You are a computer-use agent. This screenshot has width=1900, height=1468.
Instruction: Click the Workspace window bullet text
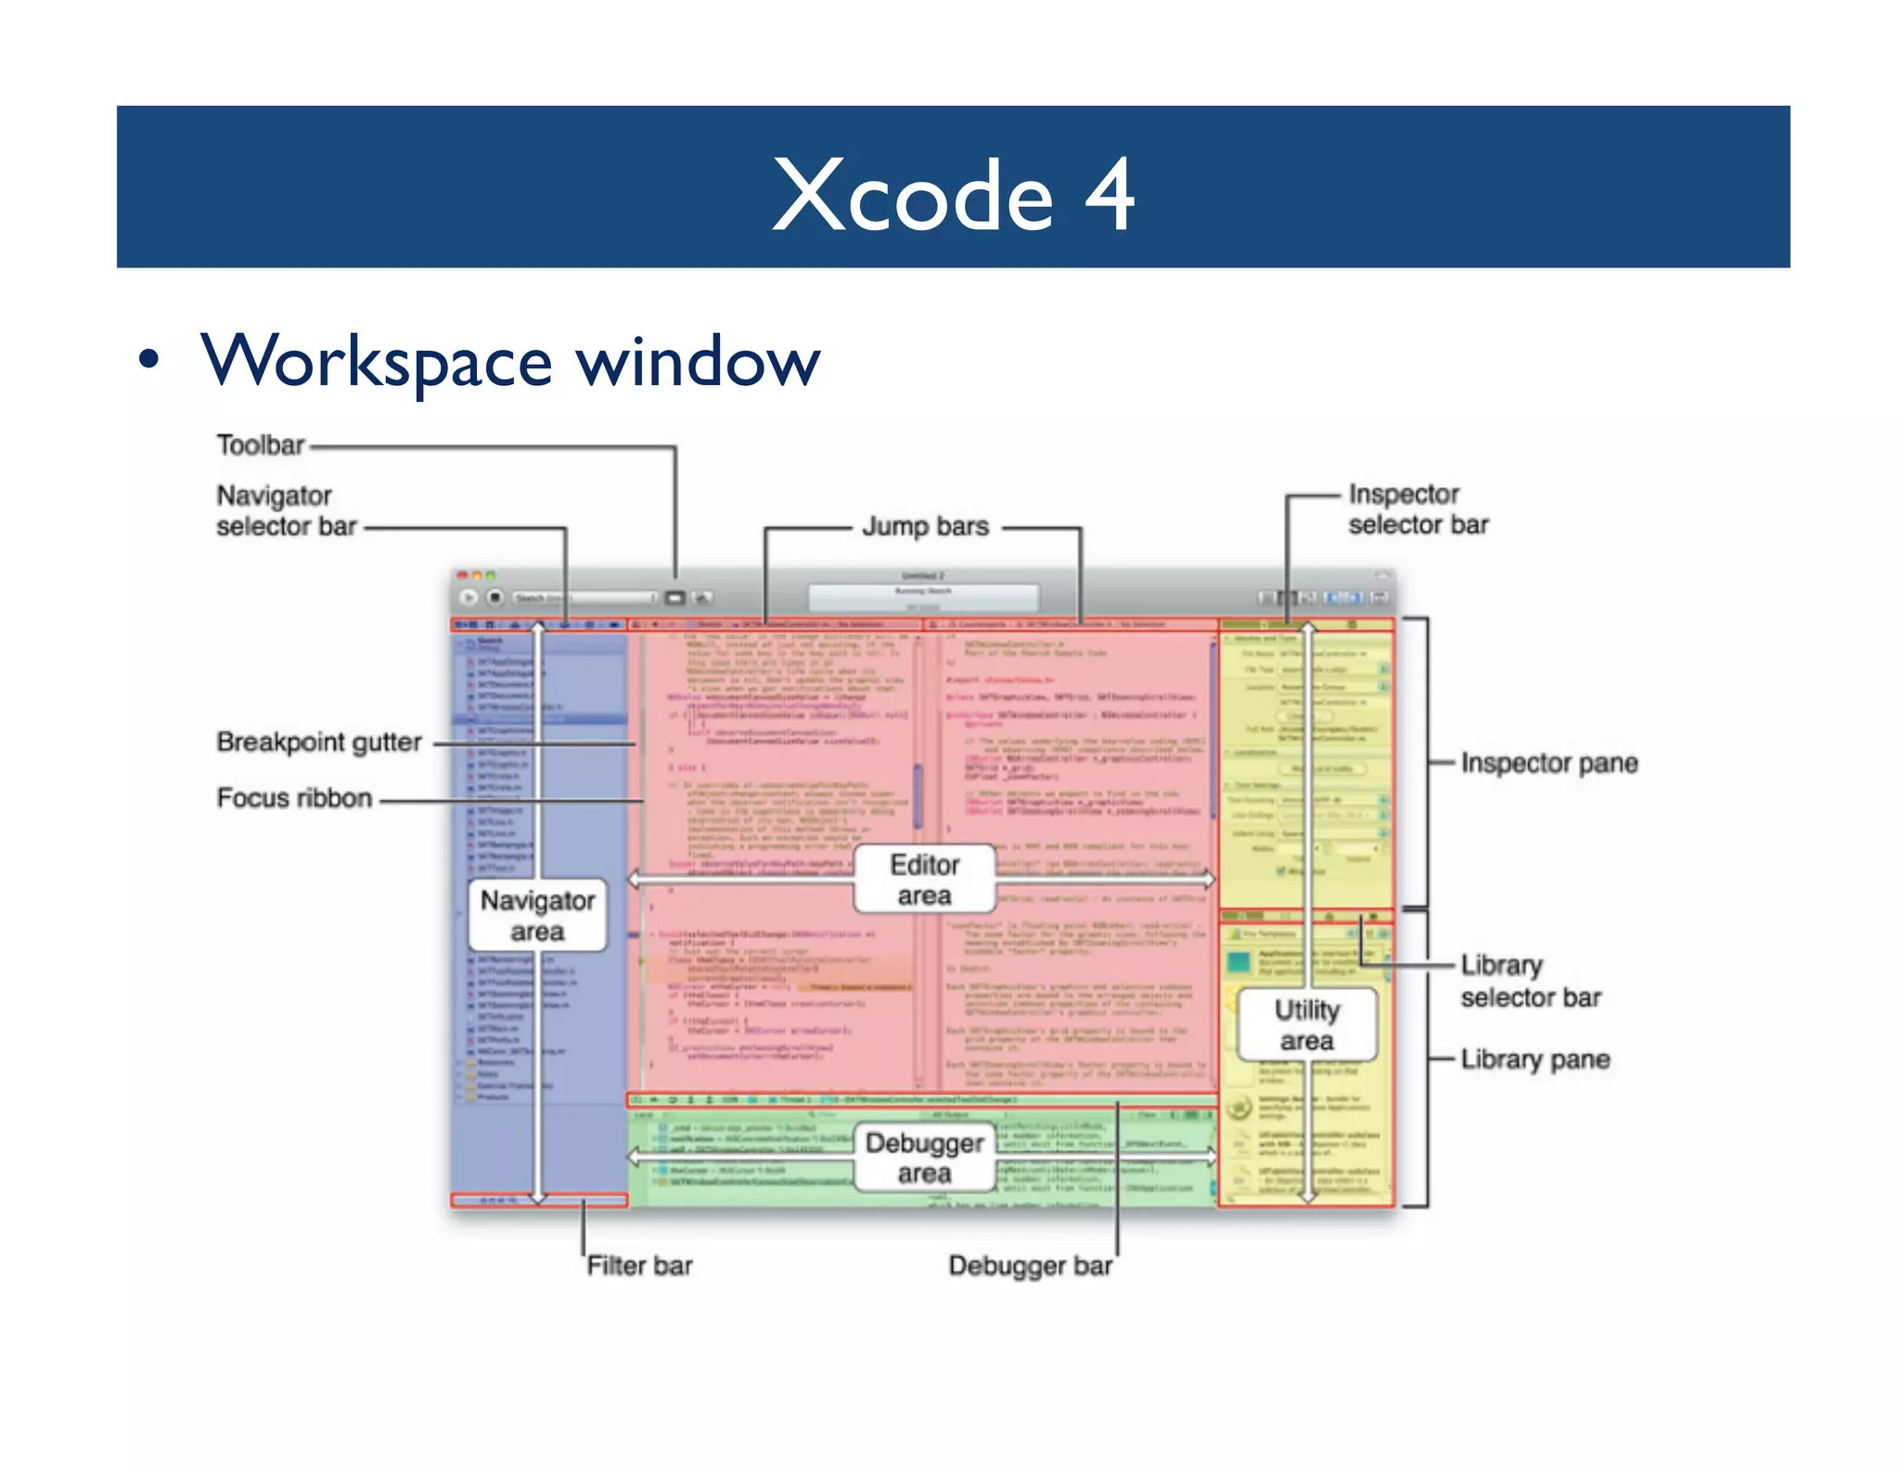point(510,361)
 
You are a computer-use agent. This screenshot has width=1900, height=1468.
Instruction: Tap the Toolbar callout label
point(261,445)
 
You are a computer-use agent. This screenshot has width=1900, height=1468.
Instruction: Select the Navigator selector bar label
point(286,510)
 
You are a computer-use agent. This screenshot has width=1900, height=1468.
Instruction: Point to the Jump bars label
point(925,526)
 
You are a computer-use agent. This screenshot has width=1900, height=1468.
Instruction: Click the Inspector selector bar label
point(1418,509)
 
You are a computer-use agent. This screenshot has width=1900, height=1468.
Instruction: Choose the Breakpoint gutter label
point(319,742)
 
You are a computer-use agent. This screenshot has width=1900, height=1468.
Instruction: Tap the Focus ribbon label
point(294,798)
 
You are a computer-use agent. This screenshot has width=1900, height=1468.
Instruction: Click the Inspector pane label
point(1548,763)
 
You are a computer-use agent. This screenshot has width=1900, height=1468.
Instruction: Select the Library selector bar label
point(1530,981)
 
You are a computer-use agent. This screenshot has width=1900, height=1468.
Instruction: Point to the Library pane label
point(1534,1059)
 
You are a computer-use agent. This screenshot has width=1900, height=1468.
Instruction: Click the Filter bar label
point(639,1266)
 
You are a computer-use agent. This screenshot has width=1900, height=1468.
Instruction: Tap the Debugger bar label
point(1030,1266)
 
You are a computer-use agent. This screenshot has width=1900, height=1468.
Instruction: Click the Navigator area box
point(538,916)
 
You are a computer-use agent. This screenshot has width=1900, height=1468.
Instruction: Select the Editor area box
point(924,879)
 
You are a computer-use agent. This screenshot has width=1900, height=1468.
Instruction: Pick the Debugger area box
point(924,1157)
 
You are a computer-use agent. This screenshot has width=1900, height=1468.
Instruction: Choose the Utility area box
point(1306,1024)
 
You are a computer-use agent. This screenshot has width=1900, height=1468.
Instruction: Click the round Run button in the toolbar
point(469,598)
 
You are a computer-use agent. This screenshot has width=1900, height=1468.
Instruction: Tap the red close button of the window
point(462,575)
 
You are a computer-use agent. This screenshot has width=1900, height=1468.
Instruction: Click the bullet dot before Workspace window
point(148,360)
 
